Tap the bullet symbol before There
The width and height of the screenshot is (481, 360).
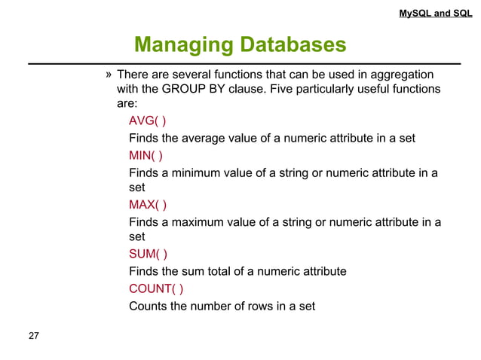[109, 75]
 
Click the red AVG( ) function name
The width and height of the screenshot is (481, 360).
[148, 123]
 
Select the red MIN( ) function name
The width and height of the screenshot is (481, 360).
[146, 156]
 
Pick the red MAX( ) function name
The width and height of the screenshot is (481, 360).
[148, 205]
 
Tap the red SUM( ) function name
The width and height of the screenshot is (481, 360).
[148, 254]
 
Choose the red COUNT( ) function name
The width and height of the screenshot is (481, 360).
[155, 288]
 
